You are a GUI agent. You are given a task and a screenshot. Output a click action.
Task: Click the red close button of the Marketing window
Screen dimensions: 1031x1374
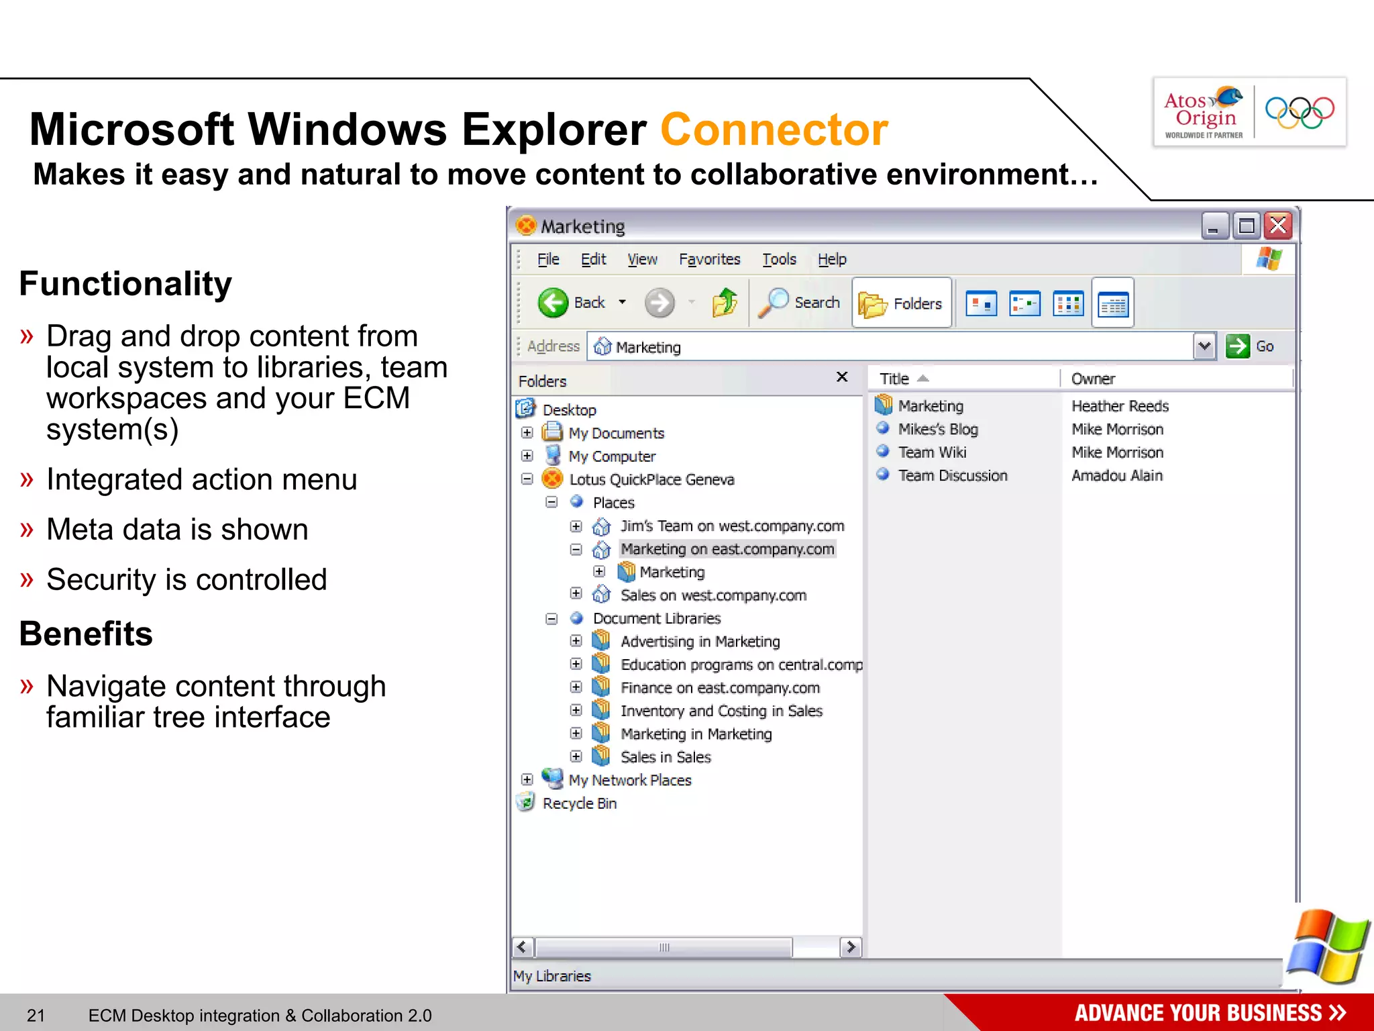click(1278, 226)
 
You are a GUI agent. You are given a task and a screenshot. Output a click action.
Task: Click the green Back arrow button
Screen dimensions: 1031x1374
click(553, 303)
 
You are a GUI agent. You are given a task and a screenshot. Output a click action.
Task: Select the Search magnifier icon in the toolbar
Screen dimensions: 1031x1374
click(774, 303)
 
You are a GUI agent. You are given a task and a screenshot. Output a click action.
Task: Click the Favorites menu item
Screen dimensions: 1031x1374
click(709, 259)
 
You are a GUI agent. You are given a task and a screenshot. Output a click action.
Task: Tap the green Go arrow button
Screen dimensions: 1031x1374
click(1238, 346)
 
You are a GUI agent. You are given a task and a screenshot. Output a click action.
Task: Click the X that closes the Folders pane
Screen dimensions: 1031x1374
click(842, 377)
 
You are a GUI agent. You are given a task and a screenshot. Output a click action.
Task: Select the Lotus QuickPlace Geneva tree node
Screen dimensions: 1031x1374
click(651, 479)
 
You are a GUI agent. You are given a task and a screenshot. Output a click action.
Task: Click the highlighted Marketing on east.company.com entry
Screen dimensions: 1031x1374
click(727, 549)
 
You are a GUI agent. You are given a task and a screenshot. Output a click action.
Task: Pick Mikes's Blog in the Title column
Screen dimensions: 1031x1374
click(937, 429)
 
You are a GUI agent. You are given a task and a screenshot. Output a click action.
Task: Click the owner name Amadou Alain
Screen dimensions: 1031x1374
click(1116, 475)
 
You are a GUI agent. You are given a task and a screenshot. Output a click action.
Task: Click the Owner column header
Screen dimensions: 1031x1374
click(1093, 379)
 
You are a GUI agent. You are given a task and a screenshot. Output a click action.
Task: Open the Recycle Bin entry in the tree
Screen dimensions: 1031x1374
click(579, 803)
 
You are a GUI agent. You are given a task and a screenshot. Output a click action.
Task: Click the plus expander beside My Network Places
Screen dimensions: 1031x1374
click(527, 779)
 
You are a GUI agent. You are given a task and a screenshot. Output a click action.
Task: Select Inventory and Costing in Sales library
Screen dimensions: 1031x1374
click(721, 711)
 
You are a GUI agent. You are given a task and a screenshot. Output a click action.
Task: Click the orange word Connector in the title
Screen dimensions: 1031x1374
click(774, 130)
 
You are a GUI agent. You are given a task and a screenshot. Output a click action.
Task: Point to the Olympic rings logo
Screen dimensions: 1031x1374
click(1299, 112)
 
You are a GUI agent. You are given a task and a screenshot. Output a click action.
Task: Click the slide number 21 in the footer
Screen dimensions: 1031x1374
click(36, 1016)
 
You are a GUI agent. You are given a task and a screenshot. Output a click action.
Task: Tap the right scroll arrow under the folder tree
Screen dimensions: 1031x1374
click(851, 947)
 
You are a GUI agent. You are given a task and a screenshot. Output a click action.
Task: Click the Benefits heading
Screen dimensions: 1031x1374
click(86, 634)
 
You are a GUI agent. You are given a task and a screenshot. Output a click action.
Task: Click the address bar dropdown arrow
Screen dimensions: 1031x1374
click(1204, 346)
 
